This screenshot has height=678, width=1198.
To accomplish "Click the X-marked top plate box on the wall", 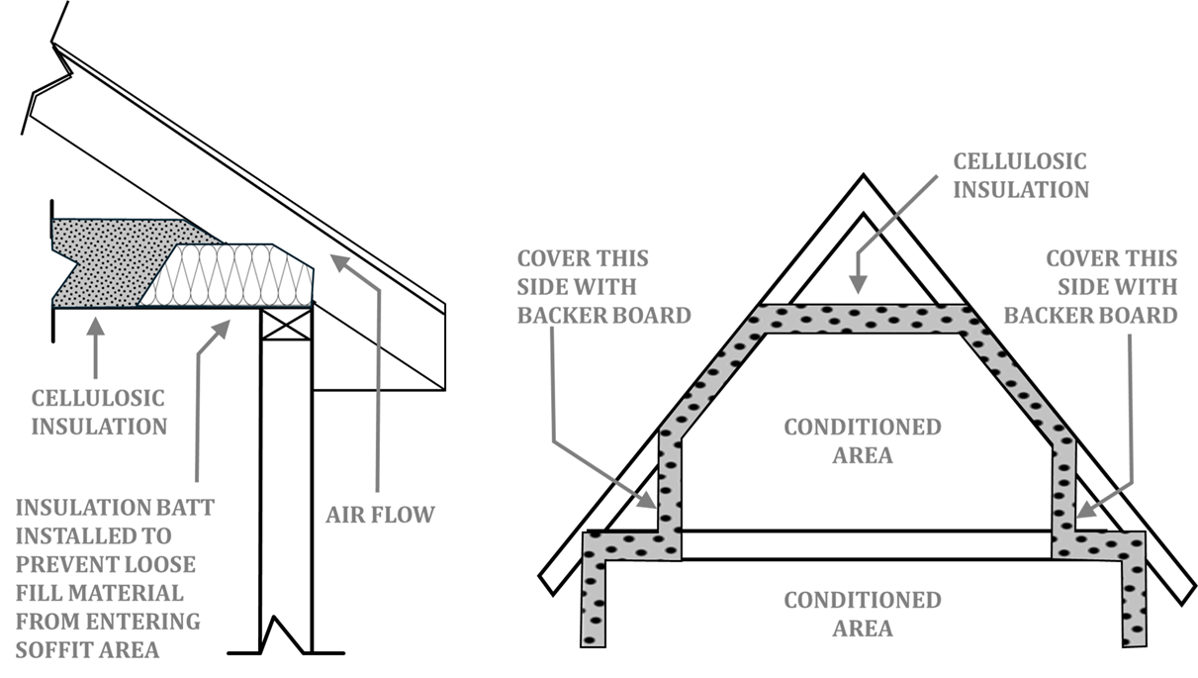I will point(287,323).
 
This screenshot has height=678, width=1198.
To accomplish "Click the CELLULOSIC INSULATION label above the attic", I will point(1020,175).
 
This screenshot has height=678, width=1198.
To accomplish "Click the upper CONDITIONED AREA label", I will point(862,441).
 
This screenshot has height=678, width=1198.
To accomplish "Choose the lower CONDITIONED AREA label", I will point(862,614).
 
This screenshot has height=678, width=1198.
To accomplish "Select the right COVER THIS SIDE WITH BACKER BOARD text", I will point(1111,287).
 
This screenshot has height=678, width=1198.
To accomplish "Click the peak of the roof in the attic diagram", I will point(863,179).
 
